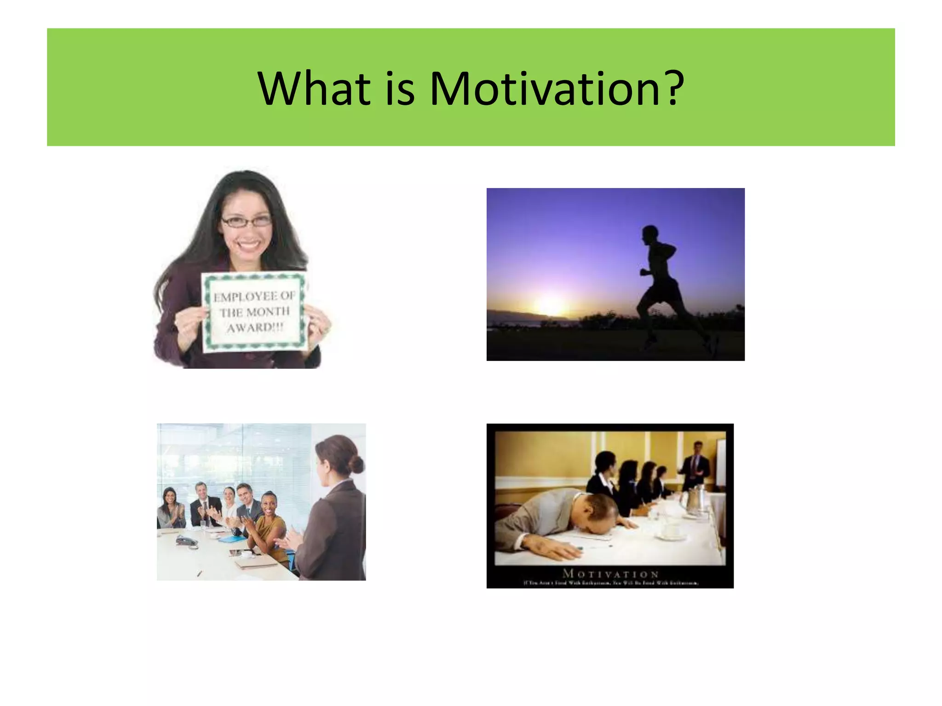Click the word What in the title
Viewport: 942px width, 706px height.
pyautogui.click(x=314, y=88)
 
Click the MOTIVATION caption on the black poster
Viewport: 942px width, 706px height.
pyautogui.click(x=610, y=574)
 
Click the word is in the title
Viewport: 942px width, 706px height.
pyautogui.click(x=400, y=88)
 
